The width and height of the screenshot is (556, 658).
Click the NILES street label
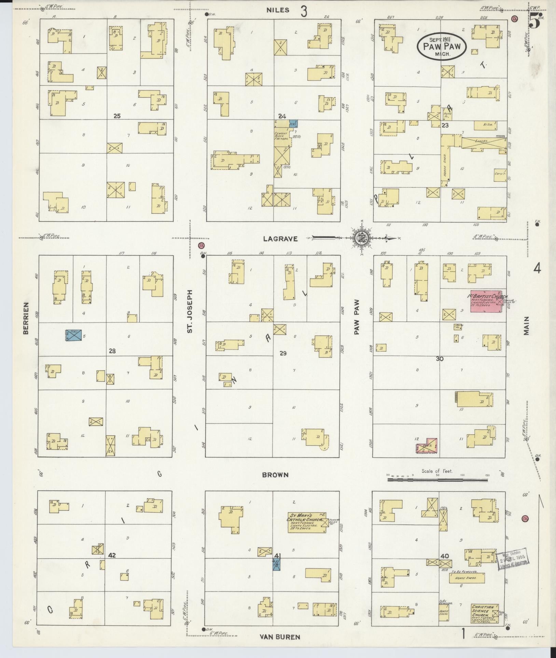[x=278, y=10]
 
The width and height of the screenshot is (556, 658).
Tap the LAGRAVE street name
[x=280, y=239]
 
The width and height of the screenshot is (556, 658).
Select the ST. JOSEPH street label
[x=190, y=311]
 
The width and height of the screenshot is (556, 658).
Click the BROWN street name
[x=275, y=475]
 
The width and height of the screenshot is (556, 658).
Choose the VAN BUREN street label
[x=280, y=636]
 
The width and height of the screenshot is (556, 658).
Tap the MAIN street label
[x=526, y=325]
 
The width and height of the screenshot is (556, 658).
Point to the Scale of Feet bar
[x=437, y=480]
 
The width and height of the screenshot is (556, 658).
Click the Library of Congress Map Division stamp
[x=512, y=560]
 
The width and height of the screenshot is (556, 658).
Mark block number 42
[x=112, y=556]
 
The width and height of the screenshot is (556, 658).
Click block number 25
[x=117, y=116]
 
